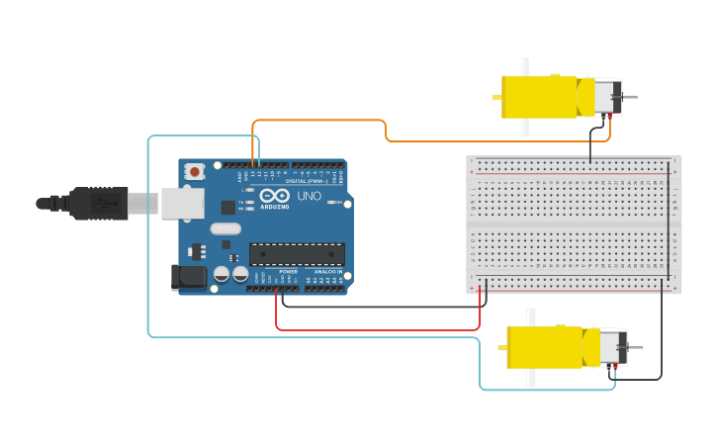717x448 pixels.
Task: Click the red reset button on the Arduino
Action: [x=195, y=171]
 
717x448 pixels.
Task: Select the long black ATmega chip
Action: [x=297, y=254]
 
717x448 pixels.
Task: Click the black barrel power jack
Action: [x=189, y=277]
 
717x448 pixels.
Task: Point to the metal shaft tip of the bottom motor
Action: [x=639, y=347]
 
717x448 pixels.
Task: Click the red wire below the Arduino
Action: [x=376, y=329]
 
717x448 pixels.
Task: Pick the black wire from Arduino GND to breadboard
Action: [x=386, y=307]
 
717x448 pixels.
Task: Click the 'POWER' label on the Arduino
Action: [x=288, y=271]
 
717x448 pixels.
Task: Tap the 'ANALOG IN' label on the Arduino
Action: [x=329, y=271]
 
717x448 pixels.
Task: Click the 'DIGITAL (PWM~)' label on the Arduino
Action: [x=306, y=182]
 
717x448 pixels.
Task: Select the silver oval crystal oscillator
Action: [x=225, y=228]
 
